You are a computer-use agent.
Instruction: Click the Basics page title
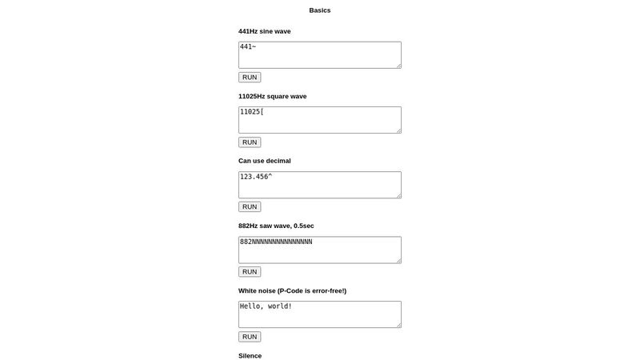(319, 10)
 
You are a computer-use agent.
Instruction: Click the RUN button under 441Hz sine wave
(250, 78)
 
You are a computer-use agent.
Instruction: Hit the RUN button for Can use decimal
(250, 206)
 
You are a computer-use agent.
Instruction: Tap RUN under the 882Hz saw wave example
(250, 272)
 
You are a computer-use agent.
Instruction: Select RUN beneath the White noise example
(250, 337)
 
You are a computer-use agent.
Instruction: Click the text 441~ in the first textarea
(248, 46)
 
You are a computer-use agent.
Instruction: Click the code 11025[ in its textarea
(252, 111)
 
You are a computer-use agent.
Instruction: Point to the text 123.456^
(256, 176)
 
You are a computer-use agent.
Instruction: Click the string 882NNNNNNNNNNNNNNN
(276, 241)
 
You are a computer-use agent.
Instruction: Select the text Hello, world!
(266, 306)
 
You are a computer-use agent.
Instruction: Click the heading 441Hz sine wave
(265, 31)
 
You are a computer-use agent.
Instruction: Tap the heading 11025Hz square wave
(272, 96)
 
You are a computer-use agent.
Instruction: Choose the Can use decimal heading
(265, 161)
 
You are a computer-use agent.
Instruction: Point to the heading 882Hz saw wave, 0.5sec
(276, 226)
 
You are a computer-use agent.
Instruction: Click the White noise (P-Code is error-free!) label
(292, 290)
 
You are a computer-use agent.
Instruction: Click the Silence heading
(250, 355)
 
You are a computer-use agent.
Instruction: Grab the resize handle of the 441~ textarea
(398, 65)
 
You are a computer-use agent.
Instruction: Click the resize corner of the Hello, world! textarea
(398, 324)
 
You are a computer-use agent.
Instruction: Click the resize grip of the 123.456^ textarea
(398, 194)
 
